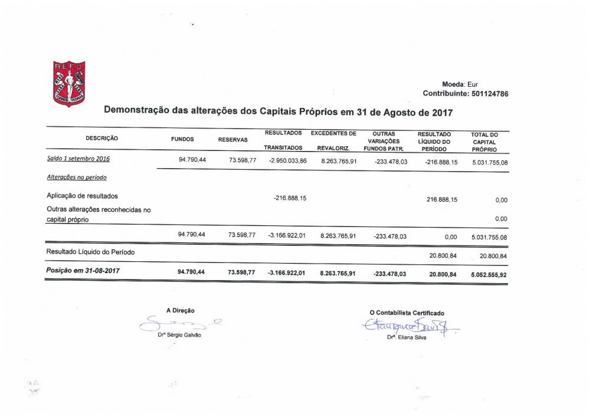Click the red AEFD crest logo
tap(69, 84)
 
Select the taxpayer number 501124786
tap(487, 94)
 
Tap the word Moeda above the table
tap(453, 84)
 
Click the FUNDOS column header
tap(182, 139)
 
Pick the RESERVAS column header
tap(233, 140)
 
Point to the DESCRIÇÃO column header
tap(102, 138)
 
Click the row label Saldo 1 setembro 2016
tap(78, 159)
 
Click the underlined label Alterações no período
tap(77, 177)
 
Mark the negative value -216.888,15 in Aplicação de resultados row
tap(290, 198)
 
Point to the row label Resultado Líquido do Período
tap(90, 252)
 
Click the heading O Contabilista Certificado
tap(407, 313)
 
